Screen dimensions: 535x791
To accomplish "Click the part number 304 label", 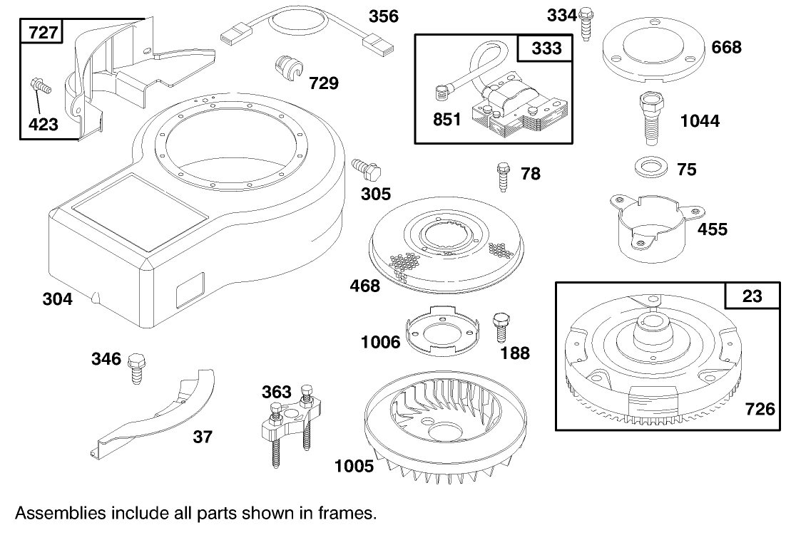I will point(57,299).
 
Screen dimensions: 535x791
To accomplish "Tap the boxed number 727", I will point(43,33).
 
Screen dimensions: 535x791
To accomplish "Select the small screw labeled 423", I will point(41,88).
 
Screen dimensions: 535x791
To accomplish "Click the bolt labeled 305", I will point(368,170).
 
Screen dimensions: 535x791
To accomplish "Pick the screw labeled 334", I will point(587,23).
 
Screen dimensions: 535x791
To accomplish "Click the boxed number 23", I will point(752,297).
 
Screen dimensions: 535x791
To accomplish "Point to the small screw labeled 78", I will point(503,175).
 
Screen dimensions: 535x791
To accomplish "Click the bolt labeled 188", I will point(502,326).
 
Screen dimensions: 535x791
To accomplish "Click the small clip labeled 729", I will point(288,72).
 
